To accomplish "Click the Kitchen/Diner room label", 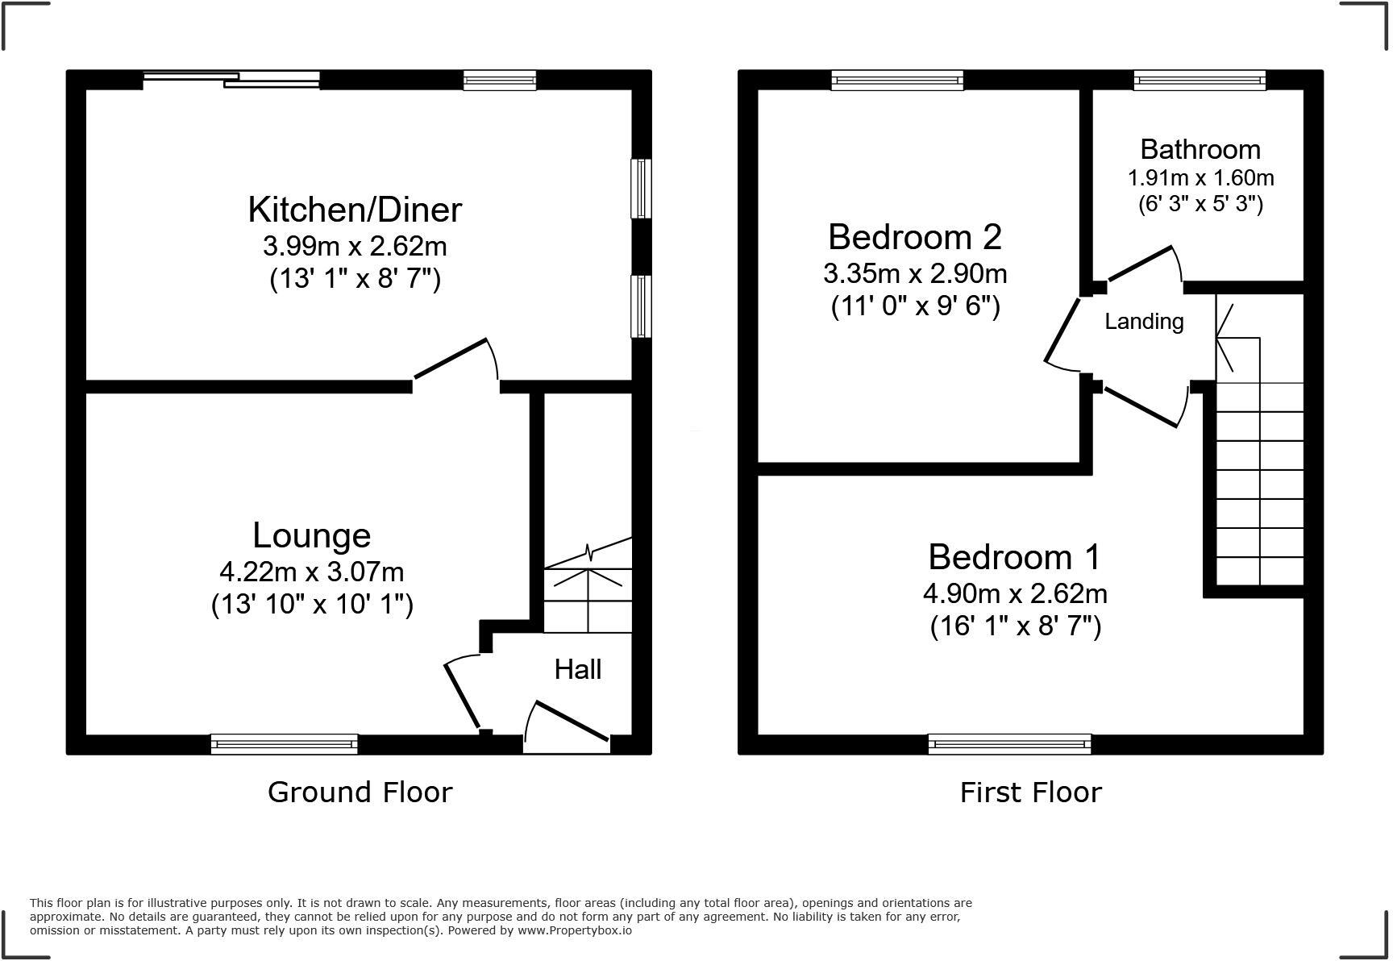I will (x=355, y=210).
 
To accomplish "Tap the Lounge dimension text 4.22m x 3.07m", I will (x=312, y=572).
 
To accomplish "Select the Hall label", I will (x=577, y=669).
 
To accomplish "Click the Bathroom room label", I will (x=1200, y=149).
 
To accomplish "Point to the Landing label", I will (x=1144, y=322).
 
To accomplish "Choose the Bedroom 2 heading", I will (x=915, y=237).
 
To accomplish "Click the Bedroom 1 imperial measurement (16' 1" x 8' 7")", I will (x=1015, y=626).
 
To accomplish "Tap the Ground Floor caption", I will (x=360, y=792).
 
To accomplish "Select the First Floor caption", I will (x=1030, y=792).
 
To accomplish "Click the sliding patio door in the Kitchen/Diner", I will (x=232, y=79).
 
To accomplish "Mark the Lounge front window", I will (x=284, y=743).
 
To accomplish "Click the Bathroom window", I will (x=1200, y=80).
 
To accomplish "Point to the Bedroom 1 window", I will (x=1009, y=743).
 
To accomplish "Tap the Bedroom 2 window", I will (x=897, y=80).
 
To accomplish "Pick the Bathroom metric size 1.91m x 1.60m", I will (x=1200, y=177).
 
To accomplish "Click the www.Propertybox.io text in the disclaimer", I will (x=574, y=930).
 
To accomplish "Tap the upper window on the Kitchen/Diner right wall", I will (x=641, y=189).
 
